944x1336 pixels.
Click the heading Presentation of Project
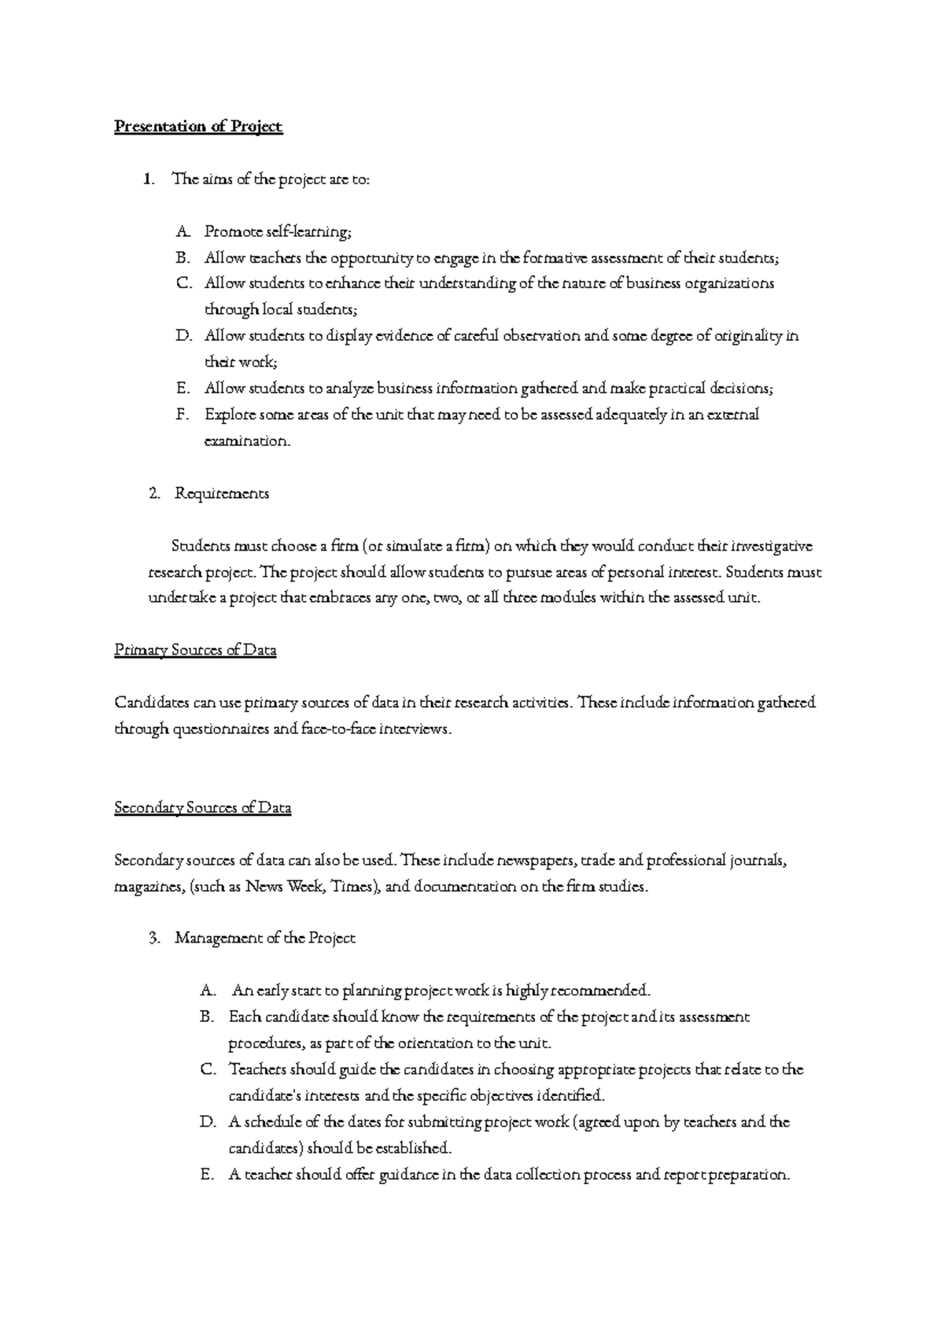[x=198, y=127]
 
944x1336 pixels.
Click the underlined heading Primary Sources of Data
[x=195, y=651]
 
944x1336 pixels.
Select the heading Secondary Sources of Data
[x=203, y=808]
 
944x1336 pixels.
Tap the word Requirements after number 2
[x=222, y=493]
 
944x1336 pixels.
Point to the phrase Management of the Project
[x=265, y=939]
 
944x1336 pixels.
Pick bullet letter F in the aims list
[x=182, y=415]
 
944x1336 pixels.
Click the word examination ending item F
[x=246, y=441]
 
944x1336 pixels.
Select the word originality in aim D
[x=748, y=336]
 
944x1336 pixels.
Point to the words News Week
[x=284, y=887]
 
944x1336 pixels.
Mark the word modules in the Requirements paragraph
[x=565, y=598]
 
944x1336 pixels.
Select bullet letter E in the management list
[x=207, y=1175]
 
